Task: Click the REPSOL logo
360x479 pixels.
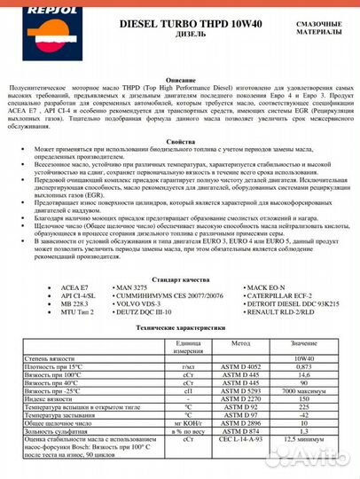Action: (30, 20)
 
